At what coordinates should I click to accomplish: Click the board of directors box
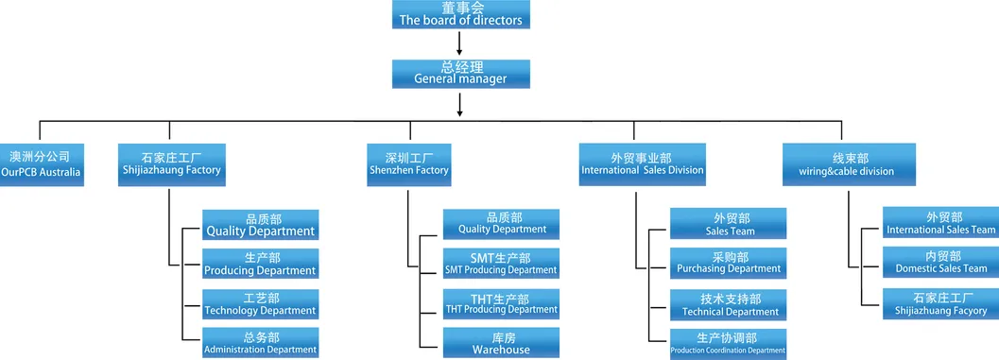pyautogui.click(x=459, y=14)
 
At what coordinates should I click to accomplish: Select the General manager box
pyautogui.click(x=459, y=73)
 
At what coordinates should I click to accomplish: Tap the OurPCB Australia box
pyautogui.click(x=42, y=163)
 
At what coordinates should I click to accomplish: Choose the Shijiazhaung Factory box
pyautogui.click(x=171, y=163)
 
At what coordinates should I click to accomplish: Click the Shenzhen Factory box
pyautogui.click(x=408, y=163)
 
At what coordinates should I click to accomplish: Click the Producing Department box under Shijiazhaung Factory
pyautogui.click(x=260, y=264)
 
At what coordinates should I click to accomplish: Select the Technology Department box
pyautogui.click(x=260, y=303)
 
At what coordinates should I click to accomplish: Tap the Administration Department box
pyautogui.click(x=260, y=342)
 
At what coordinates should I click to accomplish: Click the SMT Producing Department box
pyautogui.click(x=501, y=264)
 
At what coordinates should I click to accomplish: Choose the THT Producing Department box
pyautogui.click(x=501, y=302)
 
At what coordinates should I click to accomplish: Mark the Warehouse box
pyautogui.click(x=501, y=342)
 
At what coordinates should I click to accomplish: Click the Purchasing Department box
pyautogui.click(x=729, y=263)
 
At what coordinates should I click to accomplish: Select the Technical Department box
pyautogui.click(x=729, y=304)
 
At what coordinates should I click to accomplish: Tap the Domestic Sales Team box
pyautogui.click(x=940, y=263)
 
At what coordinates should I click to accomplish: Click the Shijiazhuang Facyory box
pyautogui.click(x=940, y=303)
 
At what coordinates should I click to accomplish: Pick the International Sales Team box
pyautogui.click(x=940, y=223)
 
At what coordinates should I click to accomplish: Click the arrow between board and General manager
pyautogui.click(x=459, y=43)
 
